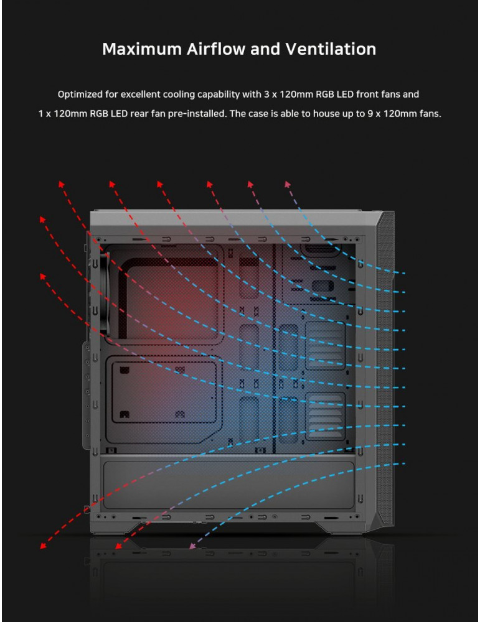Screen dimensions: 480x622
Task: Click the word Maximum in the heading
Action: (142, 49)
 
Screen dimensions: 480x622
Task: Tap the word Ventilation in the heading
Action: (331, 49)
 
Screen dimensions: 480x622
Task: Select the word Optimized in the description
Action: (80, 95)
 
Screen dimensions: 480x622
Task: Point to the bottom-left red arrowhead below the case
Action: (43, 546)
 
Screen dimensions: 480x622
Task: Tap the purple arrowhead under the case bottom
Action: (192, 546)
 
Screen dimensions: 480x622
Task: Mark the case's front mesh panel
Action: (385, 369)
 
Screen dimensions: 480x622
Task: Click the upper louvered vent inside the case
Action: (325, 346)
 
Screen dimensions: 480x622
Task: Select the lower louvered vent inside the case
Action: (325, 416)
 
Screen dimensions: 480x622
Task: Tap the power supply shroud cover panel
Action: (228, 485)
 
